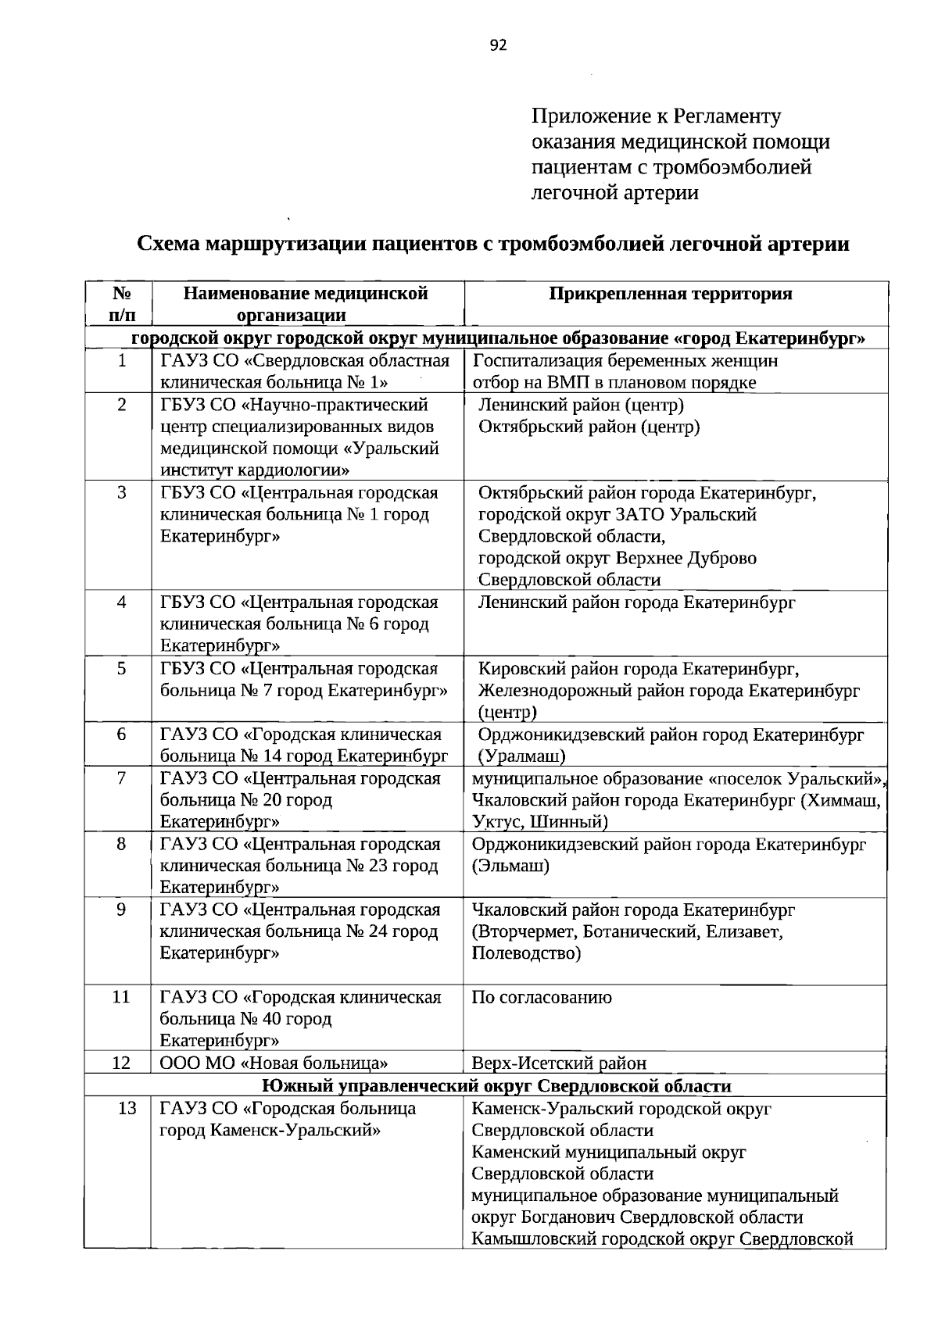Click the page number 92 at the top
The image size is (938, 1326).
[x=498, y=45]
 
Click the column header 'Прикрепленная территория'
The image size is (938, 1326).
[x=670, y=294]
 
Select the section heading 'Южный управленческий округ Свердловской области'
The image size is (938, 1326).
[x=496, y=1086]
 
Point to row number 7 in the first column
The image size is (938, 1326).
[x=121, y=778]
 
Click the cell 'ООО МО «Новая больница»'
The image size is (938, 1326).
[x=274, y=1063]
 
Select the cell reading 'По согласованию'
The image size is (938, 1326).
[x=542, y=997]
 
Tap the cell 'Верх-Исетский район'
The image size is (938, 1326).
[x=559, y=1063]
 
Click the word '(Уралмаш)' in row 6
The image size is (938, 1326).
[x=521, y=756]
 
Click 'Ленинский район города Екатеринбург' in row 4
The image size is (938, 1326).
[x=636, y=602]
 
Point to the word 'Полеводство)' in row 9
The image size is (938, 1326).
[x=526, y=953]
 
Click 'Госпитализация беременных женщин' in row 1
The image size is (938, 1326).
[x=625, y=361]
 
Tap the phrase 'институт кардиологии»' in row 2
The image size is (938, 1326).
[x=255, y=470]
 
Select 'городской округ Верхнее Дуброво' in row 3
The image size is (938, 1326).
[x=617, y=559]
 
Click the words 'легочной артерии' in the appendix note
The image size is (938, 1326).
[x=614, y=192]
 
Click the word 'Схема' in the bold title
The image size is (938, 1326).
[x=167, y=245]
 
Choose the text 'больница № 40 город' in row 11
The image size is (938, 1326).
[x=245, y=1019]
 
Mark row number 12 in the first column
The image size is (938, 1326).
[x=121, y=1063]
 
